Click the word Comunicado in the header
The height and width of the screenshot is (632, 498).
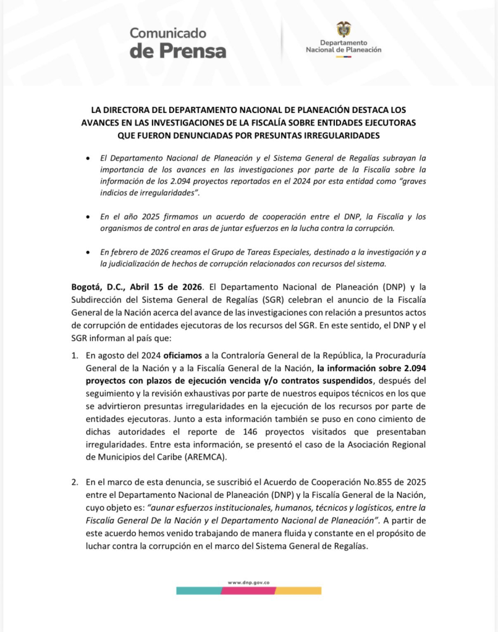pyautogui.click(x=168, y=33)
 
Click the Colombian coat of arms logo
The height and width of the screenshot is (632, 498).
pyautogui.click(x=344, y=29)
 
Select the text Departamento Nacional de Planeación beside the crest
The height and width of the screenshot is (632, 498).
pyautogui.click(x=344, y=46)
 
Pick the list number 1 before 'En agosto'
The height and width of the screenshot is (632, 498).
pyautogui.click(x=75, y=356)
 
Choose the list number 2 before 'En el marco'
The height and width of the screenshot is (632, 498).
pyautogui.click(x=75, y=480)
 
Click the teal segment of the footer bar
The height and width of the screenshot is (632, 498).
pyautogui.click(x=198, y=591)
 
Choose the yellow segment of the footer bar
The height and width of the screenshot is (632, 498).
pyautogui.click(x=300, y=591)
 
